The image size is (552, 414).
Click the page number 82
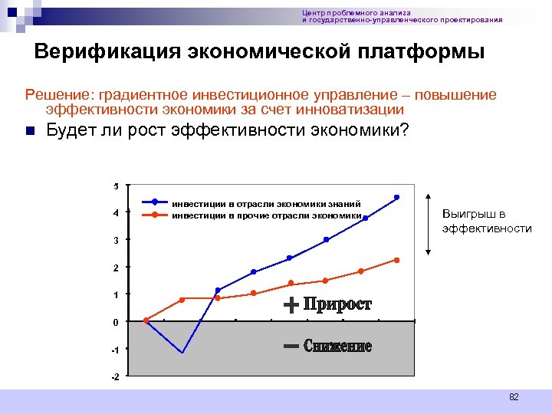point(514,397)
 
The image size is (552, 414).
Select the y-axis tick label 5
point(116,186)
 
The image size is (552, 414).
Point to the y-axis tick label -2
point(114,377)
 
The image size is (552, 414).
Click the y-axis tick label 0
point(116,323)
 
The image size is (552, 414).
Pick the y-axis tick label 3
point(116,241)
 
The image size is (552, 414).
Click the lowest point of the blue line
point(182,353)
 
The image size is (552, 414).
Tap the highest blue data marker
point(397,197)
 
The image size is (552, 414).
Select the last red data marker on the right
point(397,260)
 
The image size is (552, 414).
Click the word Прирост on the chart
point(337,305)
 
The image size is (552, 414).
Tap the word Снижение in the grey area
point(337,347)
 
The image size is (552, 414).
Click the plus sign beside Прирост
point(291,306)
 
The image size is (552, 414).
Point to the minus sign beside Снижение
point(291,347)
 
